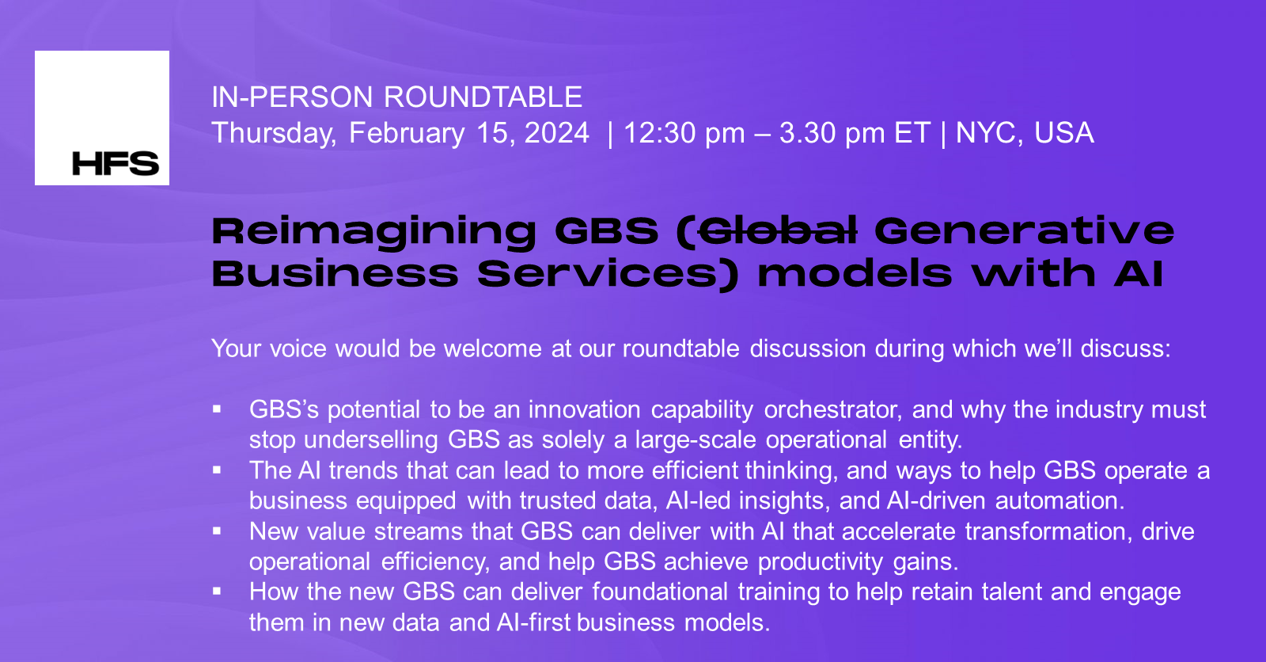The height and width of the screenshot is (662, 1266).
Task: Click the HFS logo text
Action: click(x=116, y=164)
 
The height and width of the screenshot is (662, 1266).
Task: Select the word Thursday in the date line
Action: click(x=273, y=133)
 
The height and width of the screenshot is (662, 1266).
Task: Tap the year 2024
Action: click(x=557, y=133)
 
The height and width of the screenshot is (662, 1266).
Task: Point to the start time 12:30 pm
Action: click(x=684, y=133)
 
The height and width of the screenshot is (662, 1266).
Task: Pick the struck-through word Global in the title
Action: click(x=779, y=230)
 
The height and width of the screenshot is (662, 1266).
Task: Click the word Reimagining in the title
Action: click(x=373, y=232)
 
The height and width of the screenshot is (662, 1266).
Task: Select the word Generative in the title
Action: click(x=1024, y=230)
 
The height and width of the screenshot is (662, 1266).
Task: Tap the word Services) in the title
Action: click(x=608, y=274)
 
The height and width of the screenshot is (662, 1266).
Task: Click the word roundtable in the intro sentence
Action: click(x=680, y=348)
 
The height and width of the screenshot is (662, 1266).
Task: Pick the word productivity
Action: click(x=820, y=561)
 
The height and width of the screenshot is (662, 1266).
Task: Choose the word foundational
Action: click(x=659, y=592)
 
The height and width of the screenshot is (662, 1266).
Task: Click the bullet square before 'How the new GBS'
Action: click(x=217, y=591)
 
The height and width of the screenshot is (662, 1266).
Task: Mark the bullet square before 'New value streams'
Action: click(x=217, y=531)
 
